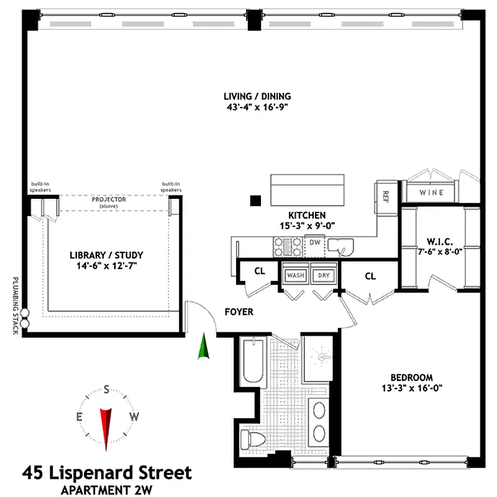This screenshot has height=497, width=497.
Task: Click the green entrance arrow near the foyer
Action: (x=204, y=346)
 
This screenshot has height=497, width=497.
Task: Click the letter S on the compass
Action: (x=106, y=389)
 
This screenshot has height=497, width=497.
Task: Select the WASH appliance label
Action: (x=296, y=275)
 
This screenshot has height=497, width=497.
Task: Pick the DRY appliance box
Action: (x=324, y=275)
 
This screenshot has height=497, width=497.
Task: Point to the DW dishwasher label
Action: (x=315, y=242)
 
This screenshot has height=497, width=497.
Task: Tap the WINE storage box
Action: (x=431, y=192)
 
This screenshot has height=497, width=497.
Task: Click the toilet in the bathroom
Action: (x=253, y=440)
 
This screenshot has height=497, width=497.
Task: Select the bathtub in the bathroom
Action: (x=253, y=362)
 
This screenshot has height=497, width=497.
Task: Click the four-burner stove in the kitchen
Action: (x=288, y=247)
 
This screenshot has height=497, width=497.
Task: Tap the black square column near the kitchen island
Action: (x=255, y=201)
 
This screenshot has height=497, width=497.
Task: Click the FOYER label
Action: (x=239, y=312)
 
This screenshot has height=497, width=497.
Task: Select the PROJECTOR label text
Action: (x=109, y=199)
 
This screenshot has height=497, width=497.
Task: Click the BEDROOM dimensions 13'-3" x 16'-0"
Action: (x=412, y=388)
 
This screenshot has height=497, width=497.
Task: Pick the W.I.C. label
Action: (x=440, y=242)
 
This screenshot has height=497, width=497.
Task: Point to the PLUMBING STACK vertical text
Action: (x=15, y=306)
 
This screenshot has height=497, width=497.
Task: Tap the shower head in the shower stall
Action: (x=323, y=357)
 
